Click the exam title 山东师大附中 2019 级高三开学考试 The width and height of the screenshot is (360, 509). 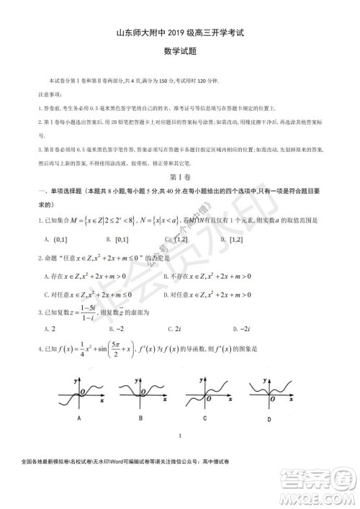[x=180, y=32]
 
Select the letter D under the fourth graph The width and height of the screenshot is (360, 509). [x=269, y=419]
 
